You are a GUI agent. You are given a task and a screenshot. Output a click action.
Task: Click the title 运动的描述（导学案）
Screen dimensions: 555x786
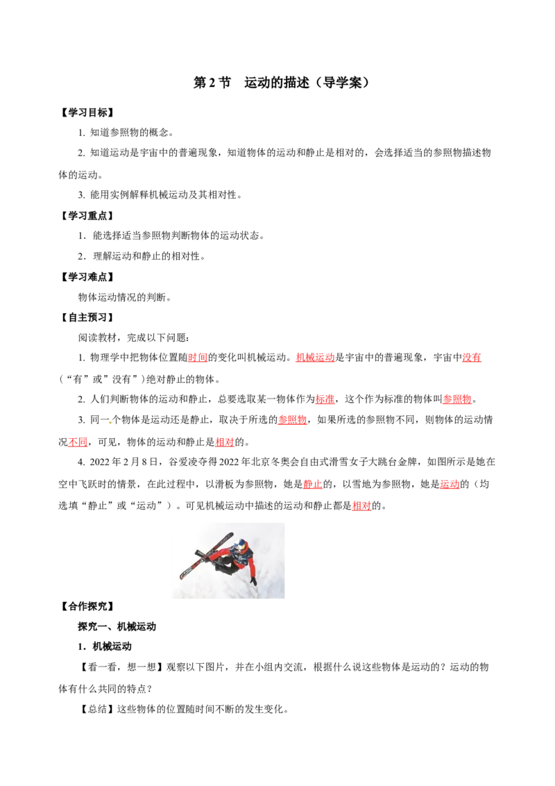point(307,83)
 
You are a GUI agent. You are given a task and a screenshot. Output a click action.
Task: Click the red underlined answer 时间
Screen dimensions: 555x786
point(198,358)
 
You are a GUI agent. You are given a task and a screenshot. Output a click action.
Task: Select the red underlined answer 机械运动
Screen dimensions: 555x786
point(315,358)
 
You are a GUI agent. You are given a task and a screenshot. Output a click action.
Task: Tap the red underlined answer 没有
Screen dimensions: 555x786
point(471,358)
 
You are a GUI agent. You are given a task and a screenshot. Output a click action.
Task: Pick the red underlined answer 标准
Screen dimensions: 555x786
point(325,399)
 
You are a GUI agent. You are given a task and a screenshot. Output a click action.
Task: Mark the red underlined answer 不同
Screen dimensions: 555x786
point(78,442)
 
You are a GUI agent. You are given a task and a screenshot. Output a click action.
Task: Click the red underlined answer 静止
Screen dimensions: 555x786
point(313,484)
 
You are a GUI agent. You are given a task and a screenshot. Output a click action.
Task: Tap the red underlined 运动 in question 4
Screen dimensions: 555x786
point(450,484)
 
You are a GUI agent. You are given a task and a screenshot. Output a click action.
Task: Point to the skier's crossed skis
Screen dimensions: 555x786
point(206,556)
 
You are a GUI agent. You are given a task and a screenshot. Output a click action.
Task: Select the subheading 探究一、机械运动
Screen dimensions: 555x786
point(117,626)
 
